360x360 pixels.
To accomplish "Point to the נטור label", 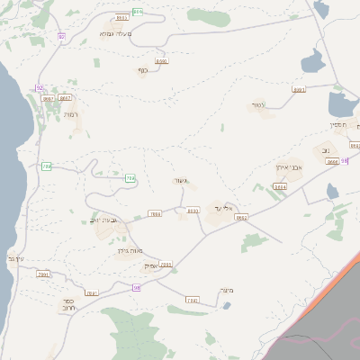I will (x=258, y=105).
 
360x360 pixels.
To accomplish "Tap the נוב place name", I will (x=326, y=150).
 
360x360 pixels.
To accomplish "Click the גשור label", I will (x=181, y=181).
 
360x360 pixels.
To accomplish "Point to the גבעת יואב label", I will (x=105, y=220).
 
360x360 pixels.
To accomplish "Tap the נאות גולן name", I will (x=132, y=251).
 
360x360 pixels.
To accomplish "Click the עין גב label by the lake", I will (x=15, y=259).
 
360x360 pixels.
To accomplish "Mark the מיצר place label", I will (x=226, y=290).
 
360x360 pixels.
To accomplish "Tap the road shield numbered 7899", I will (x=155, y=214).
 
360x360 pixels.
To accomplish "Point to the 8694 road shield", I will (x=280, y=187).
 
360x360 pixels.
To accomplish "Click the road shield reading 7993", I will (x=191, y=300).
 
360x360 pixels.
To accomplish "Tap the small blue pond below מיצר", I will (x=227, y=306).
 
